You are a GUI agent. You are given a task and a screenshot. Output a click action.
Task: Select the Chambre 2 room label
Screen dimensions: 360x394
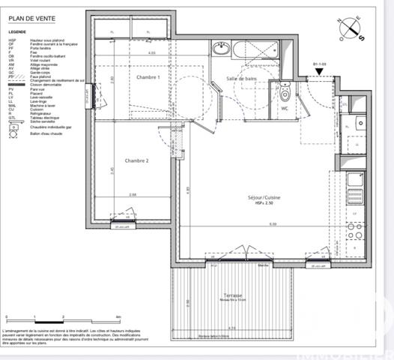[137, 160]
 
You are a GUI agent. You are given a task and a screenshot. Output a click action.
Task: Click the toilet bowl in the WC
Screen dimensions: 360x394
[284, 93]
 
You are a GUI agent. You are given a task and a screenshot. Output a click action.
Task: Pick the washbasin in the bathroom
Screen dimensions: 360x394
[222, 49]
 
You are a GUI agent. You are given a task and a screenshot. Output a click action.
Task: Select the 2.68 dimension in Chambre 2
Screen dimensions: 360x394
[132, 195]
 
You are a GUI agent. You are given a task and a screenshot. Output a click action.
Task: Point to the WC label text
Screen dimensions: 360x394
[285, 108]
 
